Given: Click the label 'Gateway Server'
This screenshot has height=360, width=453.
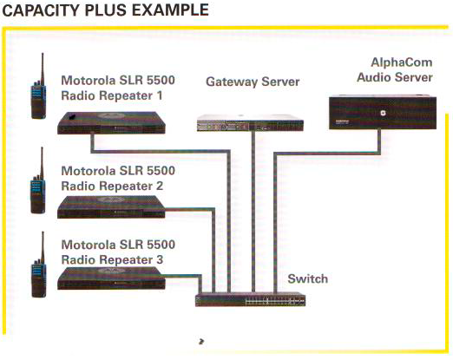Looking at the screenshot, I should coord(253,82).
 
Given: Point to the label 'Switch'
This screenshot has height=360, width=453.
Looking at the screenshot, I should coord(307,280).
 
